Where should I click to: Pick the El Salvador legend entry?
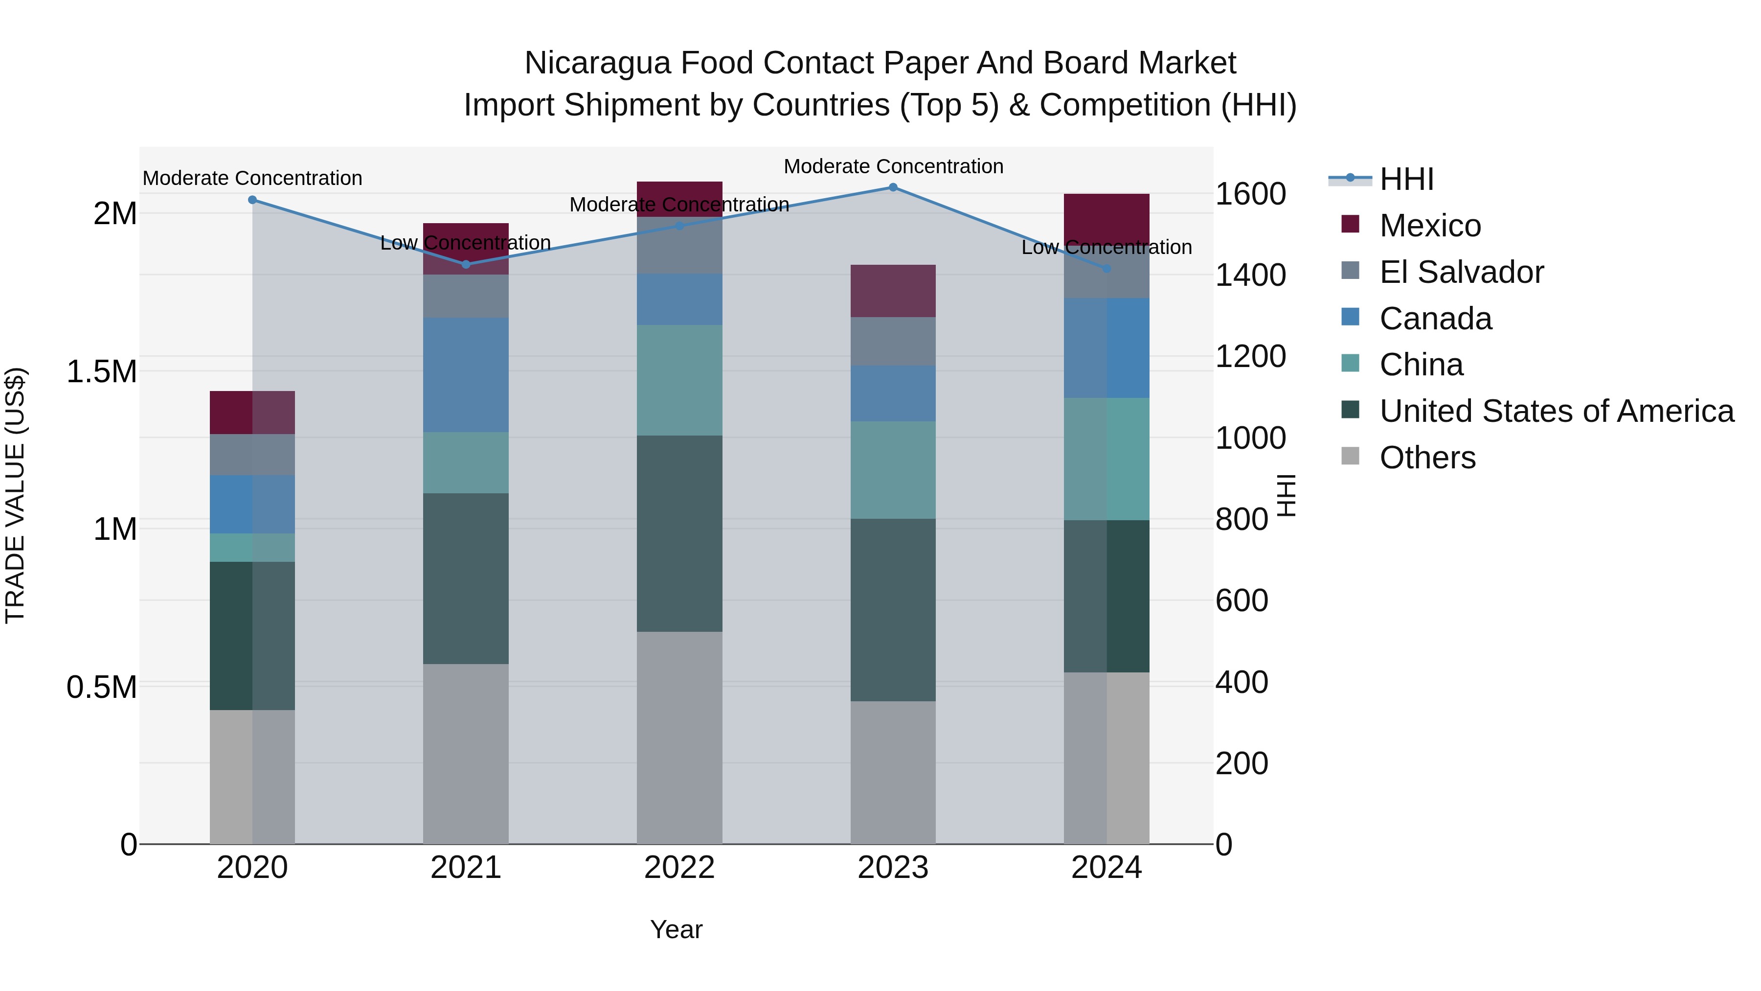(1461, 272)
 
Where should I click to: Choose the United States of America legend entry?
(1556, 411)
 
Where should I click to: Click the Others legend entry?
(1427, 458)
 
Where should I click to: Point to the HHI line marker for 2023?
(893, 187)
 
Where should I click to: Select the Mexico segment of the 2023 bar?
(893, 291)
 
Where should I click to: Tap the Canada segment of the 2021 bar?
(466, 375)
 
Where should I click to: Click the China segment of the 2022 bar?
(679, 380)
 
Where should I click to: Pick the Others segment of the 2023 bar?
(893, 773)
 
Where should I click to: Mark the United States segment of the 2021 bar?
(466, 578)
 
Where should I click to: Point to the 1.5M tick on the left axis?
(102, 372)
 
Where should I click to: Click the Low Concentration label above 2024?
(1106, 248)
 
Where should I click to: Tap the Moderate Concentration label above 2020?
(252, 179)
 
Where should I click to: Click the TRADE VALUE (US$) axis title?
(15, 495)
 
